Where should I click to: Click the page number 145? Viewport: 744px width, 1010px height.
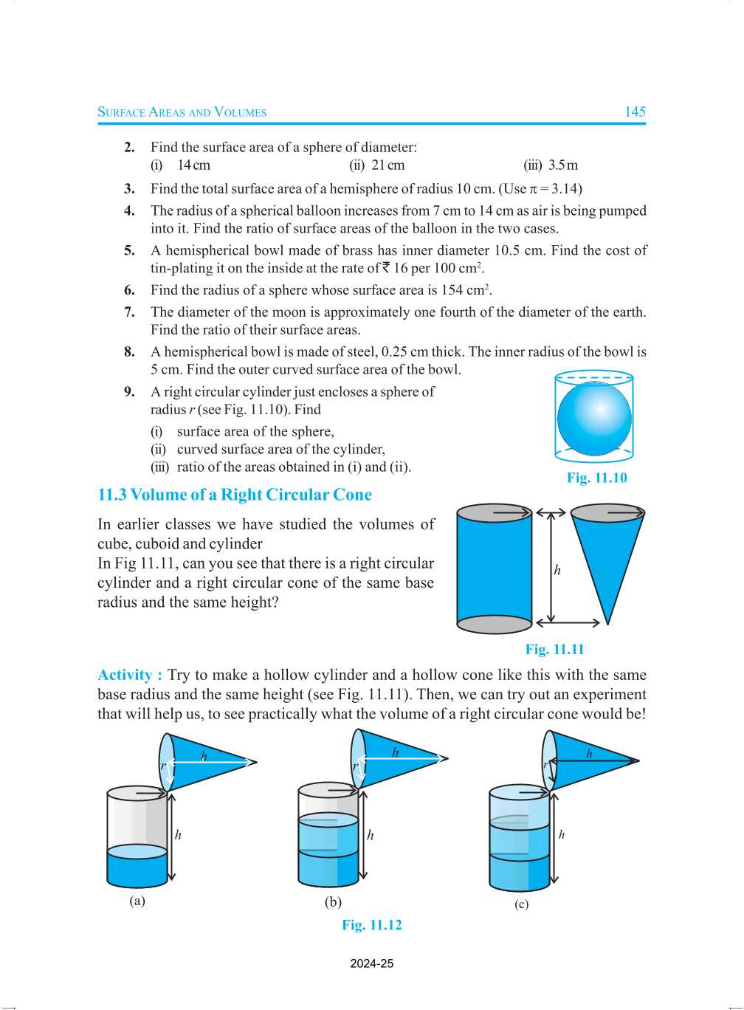click(x=635, y=111)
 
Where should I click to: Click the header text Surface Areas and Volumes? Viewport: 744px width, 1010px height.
click(x=182, y=112)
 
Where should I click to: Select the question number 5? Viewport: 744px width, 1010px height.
click(x=129, y=250)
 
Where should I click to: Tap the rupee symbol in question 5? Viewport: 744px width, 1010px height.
click(x=385, y=268)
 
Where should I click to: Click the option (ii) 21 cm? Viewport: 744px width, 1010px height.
click(x=377, y=165)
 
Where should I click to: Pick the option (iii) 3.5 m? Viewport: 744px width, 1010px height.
click(x=551, y=165)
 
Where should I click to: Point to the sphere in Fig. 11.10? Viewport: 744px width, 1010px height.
click(x=594, y=419)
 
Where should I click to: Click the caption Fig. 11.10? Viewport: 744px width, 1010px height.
click(x=596, y=478)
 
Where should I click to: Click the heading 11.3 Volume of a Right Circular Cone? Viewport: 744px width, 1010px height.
click(x=235, y=495)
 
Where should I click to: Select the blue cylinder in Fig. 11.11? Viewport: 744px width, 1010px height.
click(x=494, y=568)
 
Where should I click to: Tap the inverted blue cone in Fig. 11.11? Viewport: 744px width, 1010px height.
click(x=607, y=554)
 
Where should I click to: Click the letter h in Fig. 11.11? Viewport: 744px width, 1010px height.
click(x=557, y=570)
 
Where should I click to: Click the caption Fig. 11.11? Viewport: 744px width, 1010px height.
click(x=554, y=650)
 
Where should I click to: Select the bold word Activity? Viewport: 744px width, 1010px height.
click(x=125, y=675)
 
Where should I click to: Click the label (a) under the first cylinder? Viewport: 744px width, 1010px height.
click(x=137, y=901)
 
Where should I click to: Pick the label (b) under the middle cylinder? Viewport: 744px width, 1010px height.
click(x=333, y=902)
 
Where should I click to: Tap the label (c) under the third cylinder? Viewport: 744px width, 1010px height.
click(x=521, y=904)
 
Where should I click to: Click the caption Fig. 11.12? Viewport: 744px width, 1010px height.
click(x=372, y=925)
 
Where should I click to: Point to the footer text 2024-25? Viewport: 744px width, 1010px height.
click(x=372, y=963)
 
